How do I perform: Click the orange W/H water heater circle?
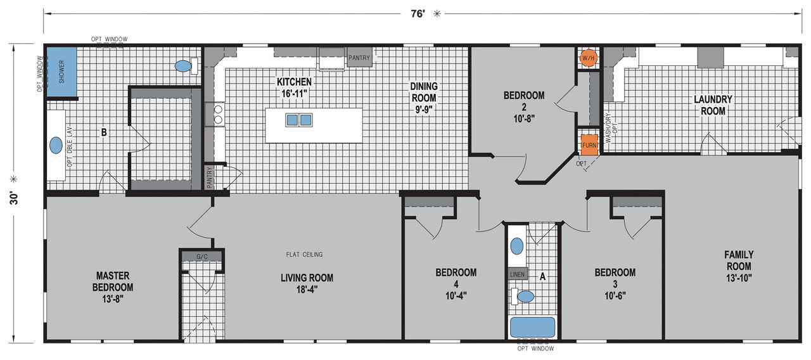[588, 58]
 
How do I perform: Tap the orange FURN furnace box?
[589, 145]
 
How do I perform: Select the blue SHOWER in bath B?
[61, 72]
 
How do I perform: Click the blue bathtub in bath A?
[532, 327]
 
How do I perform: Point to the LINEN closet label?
[517, 274]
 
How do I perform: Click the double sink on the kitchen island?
[298, 120]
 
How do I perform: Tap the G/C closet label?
[202, 257]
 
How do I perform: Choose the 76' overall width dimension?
[418, 14]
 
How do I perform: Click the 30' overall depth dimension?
[14, 198]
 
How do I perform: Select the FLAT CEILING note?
[304, 255]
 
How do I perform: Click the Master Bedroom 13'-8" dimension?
[113, 299]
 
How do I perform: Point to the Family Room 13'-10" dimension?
[739, 278]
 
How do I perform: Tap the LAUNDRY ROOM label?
[713, 105]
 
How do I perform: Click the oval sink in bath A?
[516, 247]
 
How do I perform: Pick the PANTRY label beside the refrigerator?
[359, 58]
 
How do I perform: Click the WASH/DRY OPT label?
[611, 128]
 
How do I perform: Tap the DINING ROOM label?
[424, 98]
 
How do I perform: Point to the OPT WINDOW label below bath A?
[535, 349]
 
